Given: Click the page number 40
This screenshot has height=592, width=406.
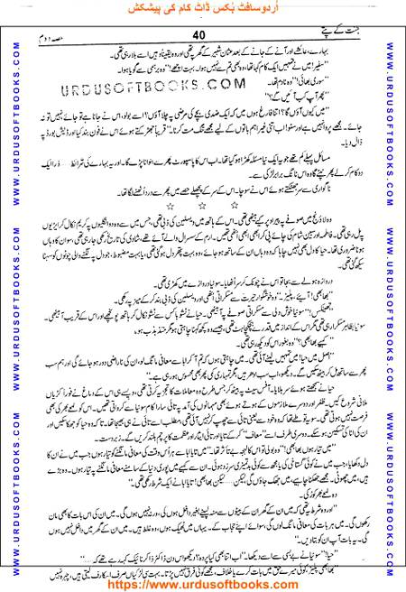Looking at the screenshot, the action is pos(201,34).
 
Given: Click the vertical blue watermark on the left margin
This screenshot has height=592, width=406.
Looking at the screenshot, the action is pos(10,298).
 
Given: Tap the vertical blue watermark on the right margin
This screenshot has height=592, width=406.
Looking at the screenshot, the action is pos(396,298).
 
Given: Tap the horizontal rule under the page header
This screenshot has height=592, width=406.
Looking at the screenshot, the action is pos(203,44).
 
